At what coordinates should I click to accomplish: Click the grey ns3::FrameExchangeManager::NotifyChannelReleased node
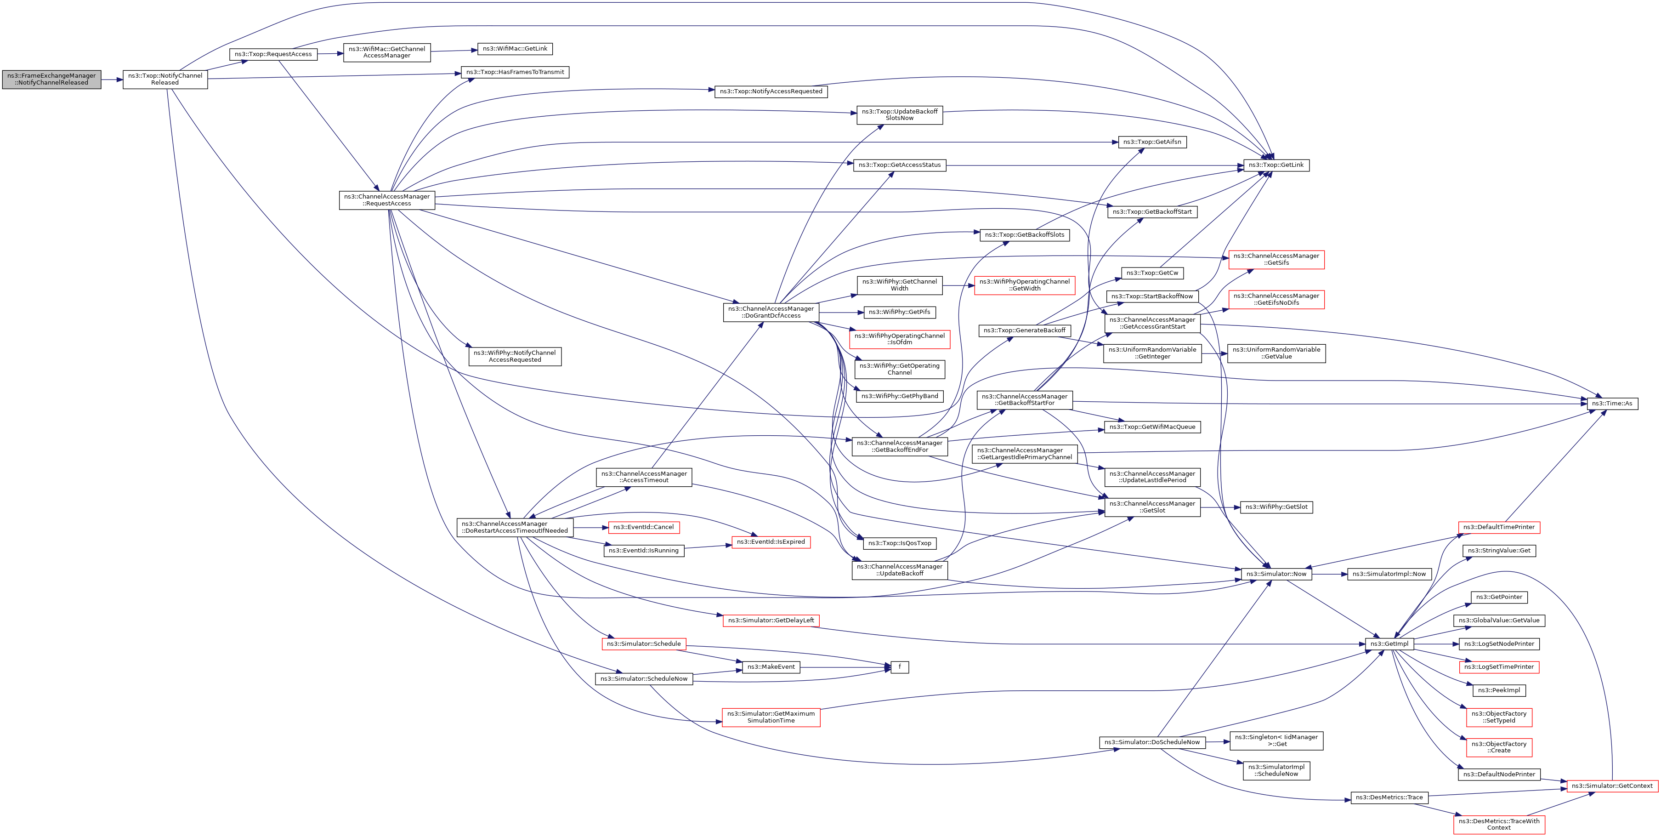tap(51, 80)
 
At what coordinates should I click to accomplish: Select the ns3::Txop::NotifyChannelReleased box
tap(165, 80)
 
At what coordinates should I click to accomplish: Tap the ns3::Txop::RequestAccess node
tap(273, 54)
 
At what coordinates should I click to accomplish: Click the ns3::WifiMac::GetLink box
tap(515, 49)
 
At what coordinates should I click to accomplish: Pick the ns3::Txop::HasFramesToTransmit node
tap(515, 72)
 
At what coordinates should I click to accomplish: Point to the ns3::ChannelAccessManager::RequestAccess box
tap(387, 200)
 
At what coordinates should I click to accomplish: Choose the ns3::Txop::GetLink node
tap(1276, 165)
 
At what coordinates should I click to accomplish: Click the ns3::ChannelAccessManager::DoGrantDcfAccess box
tap(771, 312)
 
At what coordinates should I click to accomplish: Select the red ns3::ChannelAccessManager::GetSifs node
tap(1276, 259)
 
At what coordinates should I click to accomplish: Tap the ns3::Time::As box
tap(1611, 404)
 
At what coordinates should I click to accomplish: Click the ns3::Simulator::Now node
tap(1276, 574)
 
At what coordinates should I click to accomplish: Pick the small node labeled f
tap(900, 667)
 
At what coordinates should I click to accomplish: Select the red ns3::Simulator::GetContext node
tap(1611, 786)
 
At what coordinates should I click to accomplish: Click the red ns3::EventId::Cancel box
tap(644, 528)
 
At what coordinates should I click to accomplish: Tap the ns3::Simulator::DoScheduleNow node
tap(1151, 742)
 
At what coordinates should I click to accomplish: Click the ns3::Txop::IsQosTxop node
tap(900, 544)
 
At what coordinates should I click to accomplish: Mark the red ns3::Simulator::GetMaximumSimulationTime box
tap(771, 717)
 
